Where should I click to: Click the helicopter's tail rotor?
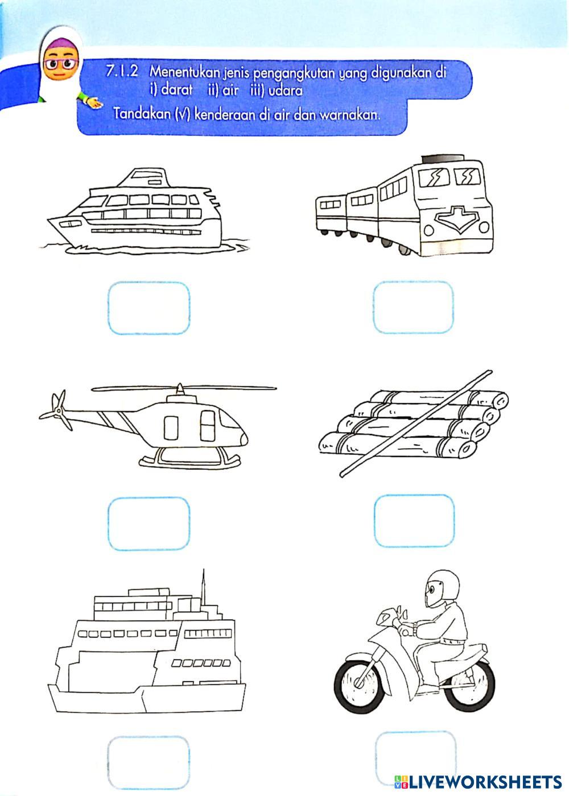coord(56,410)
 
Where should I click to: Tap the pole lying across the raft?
coord(416,424)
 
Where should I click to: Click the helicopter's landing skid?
coord(190,462)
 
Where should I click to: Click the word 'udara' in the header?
coord(286,91)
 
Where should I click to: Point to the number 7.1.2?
coord(122,72)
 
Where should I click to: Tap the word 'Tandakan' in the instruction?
coord(142,114)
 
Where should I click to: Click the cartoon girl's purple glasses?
coord(61,64)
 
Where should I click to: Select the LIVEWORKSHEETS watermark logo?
coord(478,782)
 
